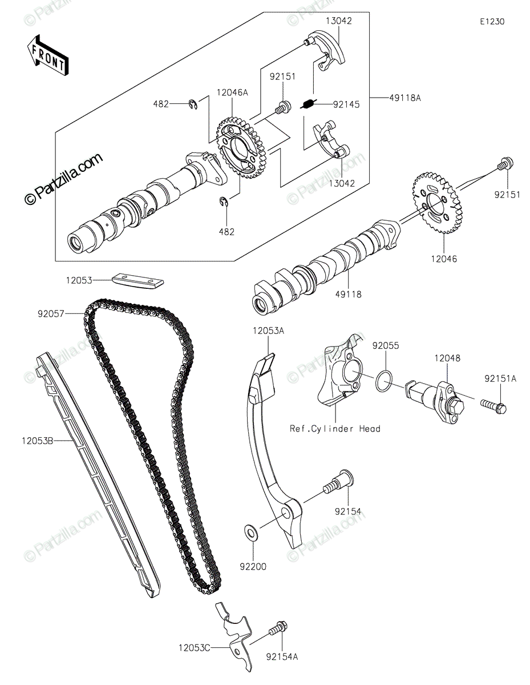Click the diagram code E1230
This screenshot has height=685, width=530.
point(492,22)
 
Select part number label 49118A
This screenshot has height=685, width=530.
point(404,98)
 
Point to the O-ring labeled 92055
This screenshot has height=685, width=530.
point(384,381)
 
